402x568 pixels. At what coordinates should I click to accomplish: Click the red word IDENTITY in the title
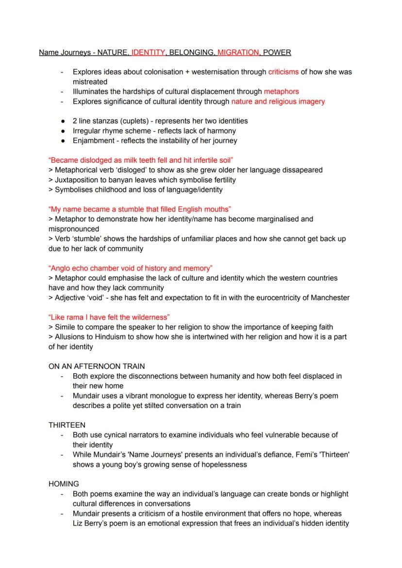(149, 52)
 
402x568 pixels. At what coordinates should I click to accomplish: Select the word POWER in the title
(277, 52)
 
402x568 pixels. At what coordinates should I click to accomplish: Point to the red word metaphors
(281, 91)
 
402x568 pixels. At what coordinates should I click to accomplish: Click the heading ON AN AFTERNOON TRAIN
(97, 366)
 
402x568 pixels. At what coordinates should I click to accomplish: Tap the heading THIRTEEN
(67, 425)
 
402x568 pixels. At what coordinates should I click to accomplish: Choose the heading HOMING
(64, 484)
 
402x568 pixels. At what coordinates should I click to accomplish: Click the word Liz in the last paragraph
(78, 523)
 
